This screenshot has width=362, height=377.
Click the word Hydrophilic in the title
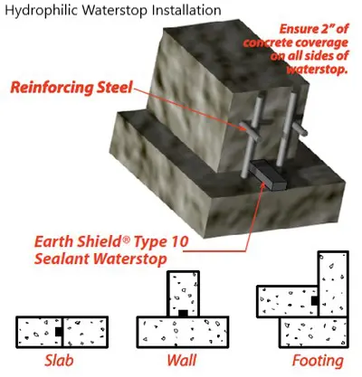click(x=42, y=11)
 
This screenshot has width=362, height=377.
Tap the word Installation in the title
click(x=186, y=10)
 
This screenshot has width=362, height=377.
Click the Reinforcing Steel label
click(x=71, y=88)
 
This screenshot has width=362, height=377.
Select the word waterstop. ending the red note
click(x=316, y=71)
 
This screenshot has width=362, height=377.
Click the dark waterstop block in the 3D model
click(x=268, y=174)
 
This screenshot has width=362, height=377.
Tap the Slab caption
click(x=59, y=361)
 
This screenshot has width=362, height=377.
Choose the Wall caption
click(x=182, y=361)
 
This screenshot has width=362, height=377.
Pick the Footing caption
click(x=318, y=361)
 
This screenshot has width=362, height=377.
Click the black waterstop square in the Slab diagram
click(x=59, y=332)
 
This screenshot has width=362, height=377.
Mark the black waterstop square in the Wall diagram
click(x=183, y=314)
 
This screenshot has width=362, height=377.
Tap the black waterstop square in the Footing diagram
click(x=315, y=300)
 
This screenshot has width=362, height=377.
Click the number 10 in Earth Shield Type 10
click(x=178, y=241)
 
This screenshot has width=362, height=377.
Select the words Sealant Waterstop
click(x=100, y=259)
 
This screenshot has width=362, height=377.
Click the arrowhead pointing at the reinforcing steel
click(x=243, y=128)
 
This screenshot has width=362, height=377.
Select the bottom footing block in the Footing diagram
click(x=313, y=333)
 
